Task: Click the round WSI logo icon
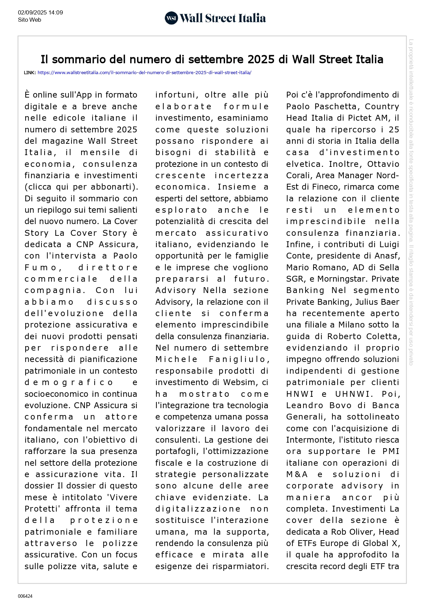[x=171, y=18]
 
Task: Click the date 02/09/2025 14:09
[x=40, y=13]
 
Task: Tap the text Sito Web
[x=30, y=20]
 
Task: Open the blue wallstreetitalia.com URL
[x=144, y=73]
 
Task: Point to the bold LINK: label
[x=30, y=73]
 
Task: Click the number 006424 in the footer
[x=25, y=596]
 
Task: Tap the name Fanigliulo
[x=239, y=360]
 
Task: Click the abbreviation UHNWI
[x=352, y=394]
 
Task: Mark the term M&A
[x=297, y=474]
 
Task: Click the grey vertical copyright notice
[x=411, y=202]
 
